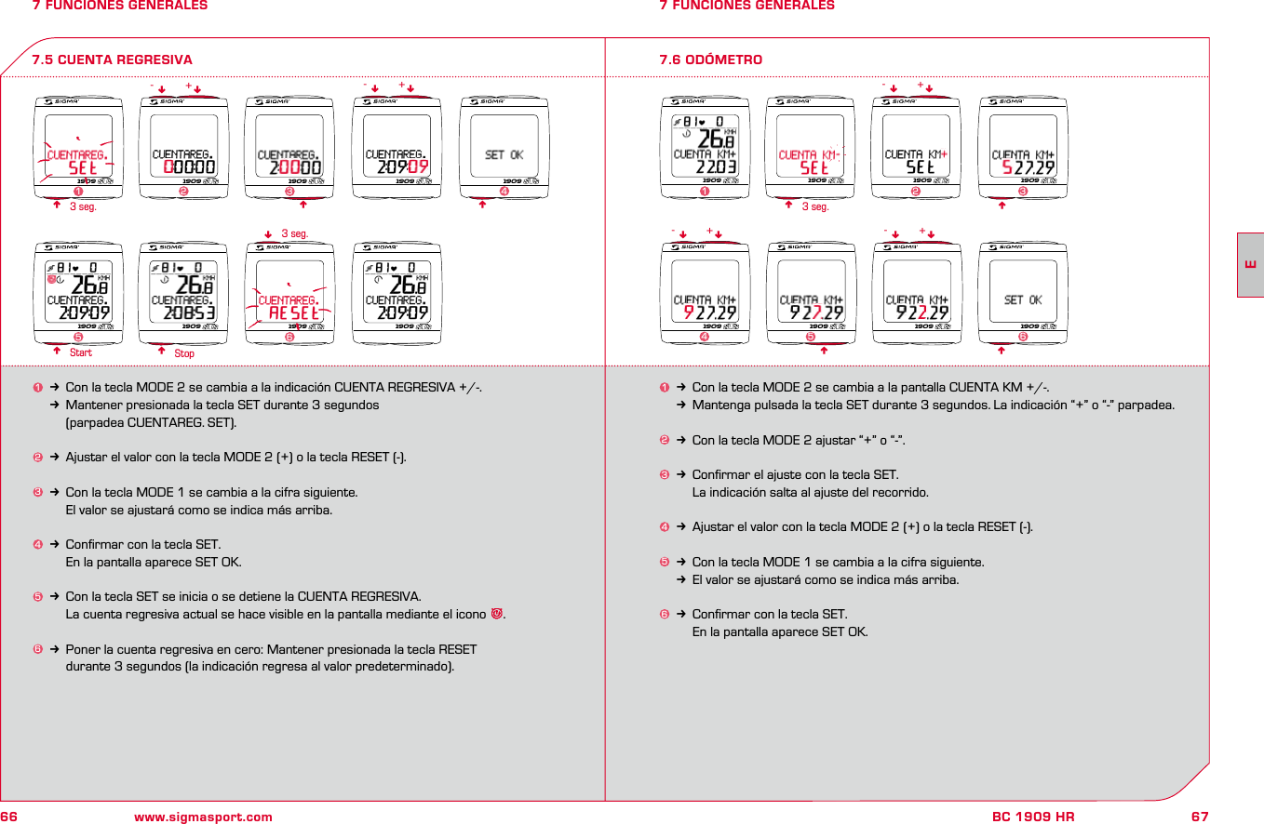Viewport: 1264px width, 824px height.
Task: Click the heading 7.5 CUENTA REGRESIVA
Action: [113, 60]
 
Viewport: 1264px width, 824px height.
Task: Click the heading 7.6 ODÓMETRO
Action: [710, 60]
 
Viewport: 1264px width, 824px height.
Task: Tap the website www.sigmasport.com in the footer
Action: [203, 817]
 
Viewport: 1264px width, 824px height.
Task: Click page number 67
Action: [1200, 817]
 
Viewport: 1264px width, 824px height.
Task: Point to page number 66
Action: [10, 817]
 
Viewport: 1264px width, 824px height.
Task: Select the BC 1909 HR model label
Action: [1032, 817]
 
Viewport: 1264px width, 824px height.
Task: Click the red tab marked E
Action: [1250, 264]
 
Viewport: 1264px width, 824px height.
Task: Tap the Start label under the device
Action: [81, 352]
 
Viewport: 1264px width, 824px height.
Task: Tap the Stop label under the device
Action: [184, 353]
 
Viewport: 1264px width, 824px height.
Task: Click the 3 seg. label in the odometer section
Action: [814, 207]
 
